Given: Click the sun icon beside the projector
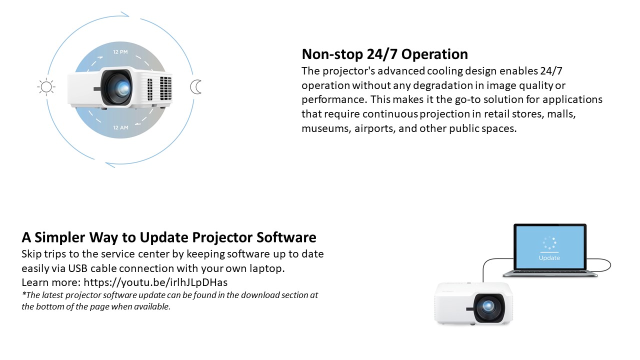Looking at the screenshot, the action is pyautogui.click(x=46, y=87).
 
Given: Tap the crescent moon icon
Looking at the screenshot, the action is pyautogui.click(x=195, y=87).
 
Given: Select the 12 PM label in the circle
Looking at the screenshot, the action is pyautogui.click(x=120, y=52).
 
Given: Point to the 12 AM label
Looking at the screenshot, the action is pyautogui.click(x=120, y=127).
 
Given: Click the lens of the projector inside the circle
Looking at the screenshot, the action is pyautogui.click(x=123, y=87).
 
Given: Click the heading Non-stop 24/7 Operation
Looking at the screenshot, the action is pyautogui.click(x=385, y=54).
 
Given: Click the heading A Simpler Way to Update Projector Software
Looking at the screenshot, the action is pyautogui.click(x=169, y=237).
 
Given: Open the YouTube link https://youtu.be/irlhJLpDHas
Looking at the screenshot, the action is pyautogui.click(x=155, y=282).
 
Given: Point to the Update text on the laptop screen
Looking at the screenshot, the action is pyautogui.click(x=549, y=258).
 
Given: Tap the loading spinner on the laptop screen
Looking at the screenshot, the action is pyautogui.click(x=549, y=243).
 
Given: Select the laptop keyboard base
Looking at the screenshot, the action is pyautogui.click(x=550, y=273).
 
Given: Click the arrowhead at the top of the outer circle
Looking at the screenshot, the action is pyautogui.click(x=125, y=14).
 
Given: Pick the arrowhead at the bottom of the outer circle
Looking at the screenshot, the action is pyautogui.click(x=110, y=165).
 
